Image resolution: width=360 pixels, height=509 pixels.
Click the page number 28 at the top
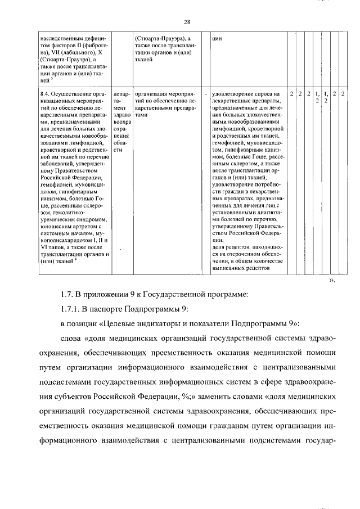tap(187, 21)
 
